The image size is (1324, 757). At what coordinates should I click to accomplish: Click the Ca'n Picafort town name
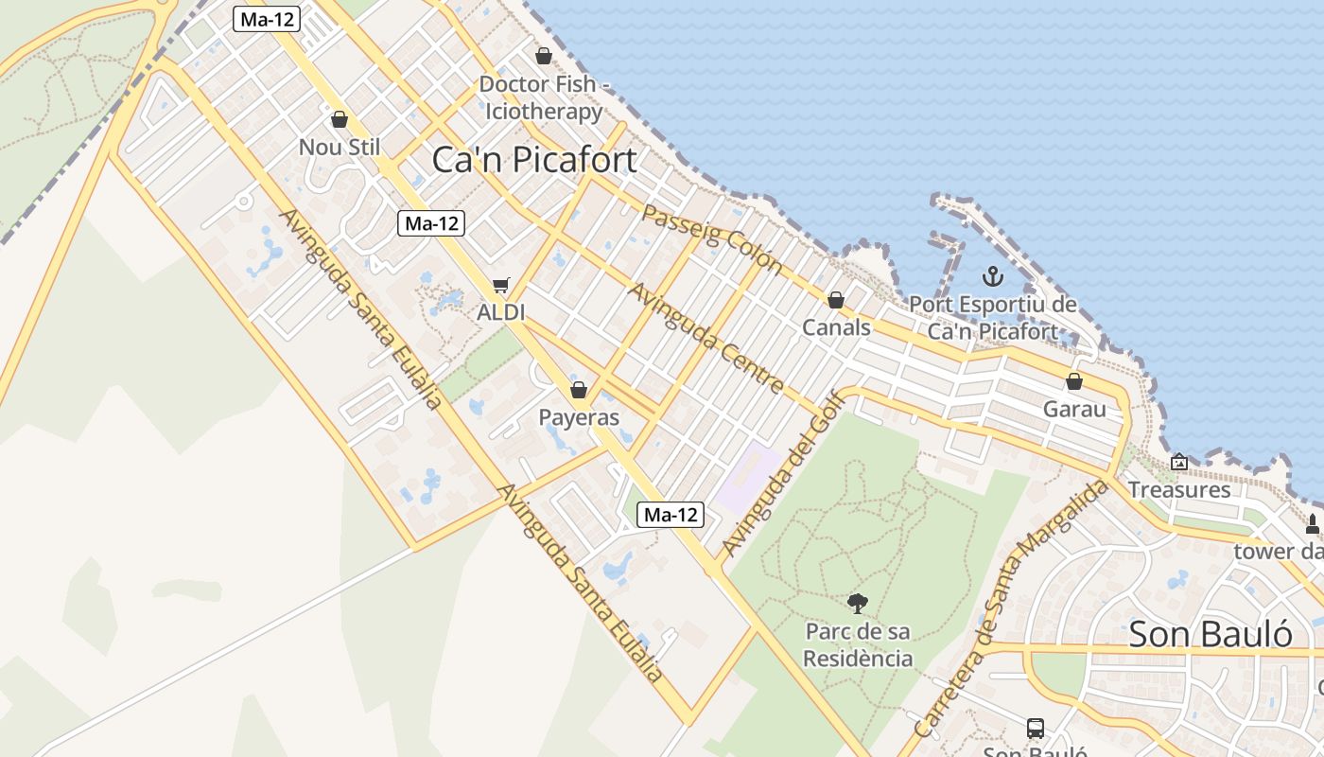(534, 160)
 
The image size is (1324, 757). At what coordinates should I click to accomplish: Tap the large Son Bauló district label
(1211, 634)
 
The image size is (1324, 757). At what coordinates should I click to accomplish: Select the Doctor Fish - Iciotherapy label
(543, 97)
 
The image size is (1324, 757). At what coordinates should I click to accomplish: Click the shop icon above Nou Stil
(340, 120)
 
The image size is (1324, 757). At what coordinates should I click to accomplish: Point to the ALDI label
(501, 312)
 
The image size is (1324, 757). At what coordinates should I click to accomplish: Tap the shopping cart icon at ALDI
(501, 286)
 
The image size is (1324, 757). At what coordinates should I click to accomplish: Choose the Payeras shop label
(579, 417)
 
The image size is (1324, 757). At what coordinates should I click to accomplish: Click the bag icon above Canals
(836, 301)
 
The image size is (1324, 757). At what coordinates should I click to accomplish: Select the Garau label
(1074, 410)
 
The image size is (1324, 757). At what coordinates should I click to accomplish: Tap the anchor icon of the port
(992, 277)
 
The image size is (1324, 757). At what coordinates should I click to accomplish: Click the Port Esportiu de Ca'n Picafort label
(993, 318)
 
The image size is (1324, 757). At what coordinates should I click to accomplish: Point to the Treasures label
(1179, 489)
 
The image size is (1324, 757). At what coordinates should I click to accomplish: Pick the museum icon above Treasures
(1179, 463)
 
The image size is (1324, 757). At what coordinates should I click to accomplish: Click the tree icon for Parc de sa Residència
(858, 603)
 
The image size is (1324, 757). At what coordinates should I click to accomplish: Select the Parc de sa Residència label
(859, 644)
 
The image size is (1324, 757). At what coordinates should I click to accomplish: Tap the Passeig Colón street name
(712, 238)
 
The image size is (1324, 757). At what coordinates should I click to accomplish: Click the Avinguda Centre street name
(706, 338)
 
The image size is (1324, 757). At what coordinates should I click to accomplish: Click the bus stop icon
(1036, 729)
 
